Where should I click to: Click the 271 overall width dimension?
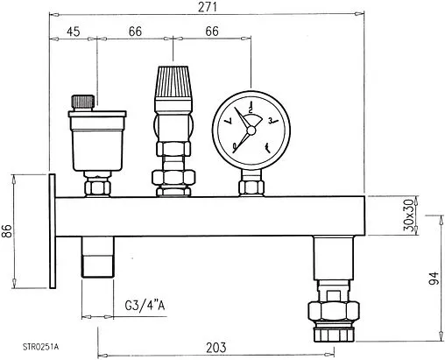point(208,7)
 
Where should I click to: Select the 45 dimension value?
point(73,32)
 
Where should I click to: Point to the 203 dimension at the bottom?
point(216,348)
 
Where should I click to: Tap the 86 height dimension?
point(8,231)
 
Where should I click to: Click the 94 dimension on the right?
point(434,278)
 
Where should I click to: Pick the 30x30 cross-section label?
point(409,215)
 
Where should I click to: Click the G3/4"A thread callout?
point(145,306)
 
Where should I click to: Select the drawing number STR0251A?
point(40,347)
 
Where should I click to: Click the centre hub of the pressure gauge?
point(251,130)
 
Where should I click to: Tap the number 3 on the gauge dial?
point(271,121)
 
